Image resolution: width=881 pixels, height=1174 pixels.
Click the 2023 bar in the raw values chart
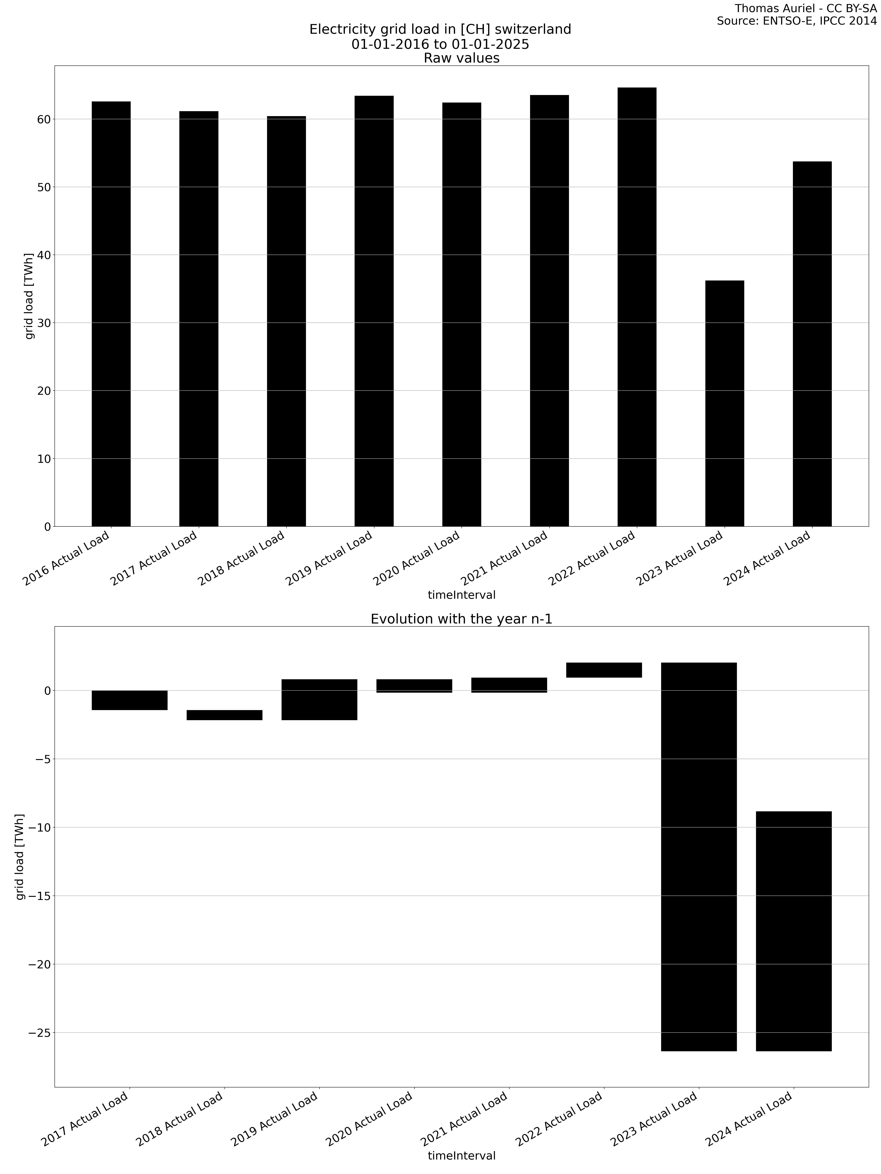(724, 403)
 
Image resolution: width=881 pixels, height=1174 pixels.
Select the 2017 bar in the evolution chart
(130, 700)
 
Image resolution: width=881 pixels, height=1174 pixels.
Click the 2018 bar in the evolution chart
(224, 715)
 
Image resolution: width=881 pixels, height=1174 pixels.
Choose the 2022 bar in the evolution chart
(604, 670)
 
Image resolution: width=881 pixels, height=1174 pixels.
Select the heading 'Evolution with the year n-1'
(461, 619)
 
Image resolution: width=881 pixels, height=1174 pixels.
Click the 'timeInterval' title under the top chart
(461, 595)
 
